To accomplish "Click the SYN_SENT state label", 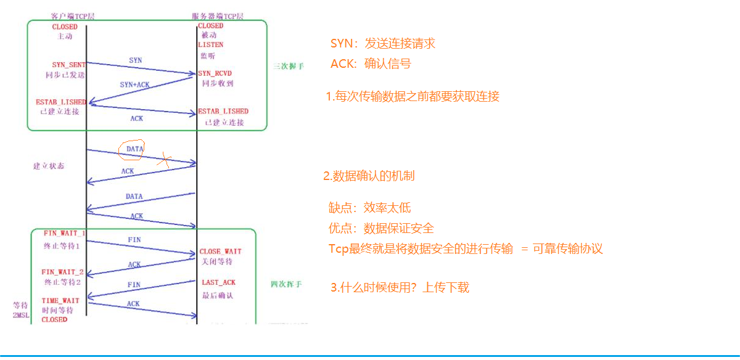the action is click(x=68, y=65).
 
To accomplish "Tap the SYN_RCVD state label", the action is click(x=214, y=74).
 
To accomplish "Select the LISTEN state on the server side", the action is click(x=211, y=45).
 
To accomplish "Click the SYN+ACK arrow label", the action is click(x=134, y=84).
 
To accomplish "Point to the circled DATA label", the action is click(x=134, y=149).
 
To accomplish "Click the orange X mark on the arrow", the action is click(x=163, y=160).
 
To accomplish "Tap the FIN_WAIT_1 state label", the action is click(x=64, y=234).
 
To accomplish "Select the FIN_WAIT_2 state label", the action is click(x=62, y=272).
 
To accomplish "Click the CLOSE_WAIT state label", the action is click(x=220, y=252).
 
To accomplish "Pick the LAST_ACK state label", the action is click(x=218, y=282).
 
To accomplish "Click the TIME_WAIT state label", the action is click(x=59, y=301).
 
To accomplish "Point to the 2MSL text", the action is click(x=21, y=316).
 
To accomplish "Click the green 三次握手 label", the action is click(x=289, y=65).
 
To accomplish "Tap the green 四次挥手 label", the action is click(x=286, y=284).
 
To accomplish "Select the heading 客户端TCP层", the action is click(x=72, y=14).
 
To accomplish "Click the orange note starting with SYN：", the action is click(x=382, y=43).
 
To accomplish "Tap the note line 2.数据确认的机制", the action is click(x=369, y=176).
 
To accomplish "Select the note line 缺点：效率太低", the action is click(x=369, y=208).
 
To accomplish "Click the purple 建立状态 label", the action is click(x=49, y=166).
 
